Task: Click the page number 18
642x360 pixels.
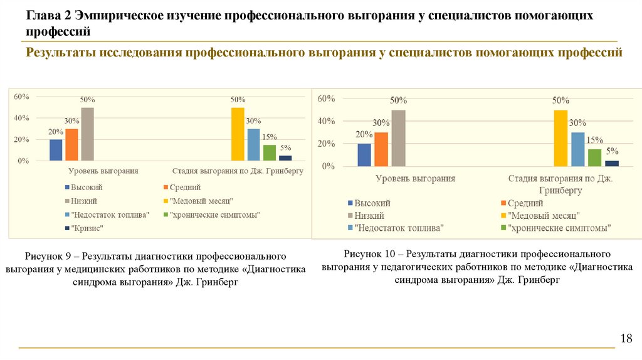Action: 626,339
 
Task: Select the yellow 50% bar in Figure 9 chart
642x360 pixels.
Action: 238,134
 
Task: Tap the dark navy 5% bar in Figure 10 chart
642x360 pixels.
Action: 612,163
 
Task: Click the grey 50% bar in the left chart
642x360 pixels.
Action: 88,134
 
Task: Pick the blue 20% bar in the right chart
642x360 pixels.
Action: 364,155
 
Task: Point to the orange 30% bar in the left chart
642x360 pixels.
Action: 72,145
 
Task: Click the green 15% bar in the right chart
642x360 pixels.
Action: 594,157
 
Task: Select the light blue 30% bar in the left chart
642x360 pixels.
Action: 253,145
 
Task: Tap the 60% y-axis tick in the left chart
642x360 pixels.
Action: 21,97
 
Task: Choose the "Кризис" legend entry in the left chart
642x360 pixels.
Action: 87,228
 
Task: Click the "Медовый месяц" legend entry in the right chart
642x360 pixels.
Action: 543,215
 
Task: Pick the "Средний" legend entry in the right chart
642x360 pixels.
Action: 525,203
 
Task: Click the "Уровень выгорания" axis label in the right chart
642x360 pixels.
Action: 415,179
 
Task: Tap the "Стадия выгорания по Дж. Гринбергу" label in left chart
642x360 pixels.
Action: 238,171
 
